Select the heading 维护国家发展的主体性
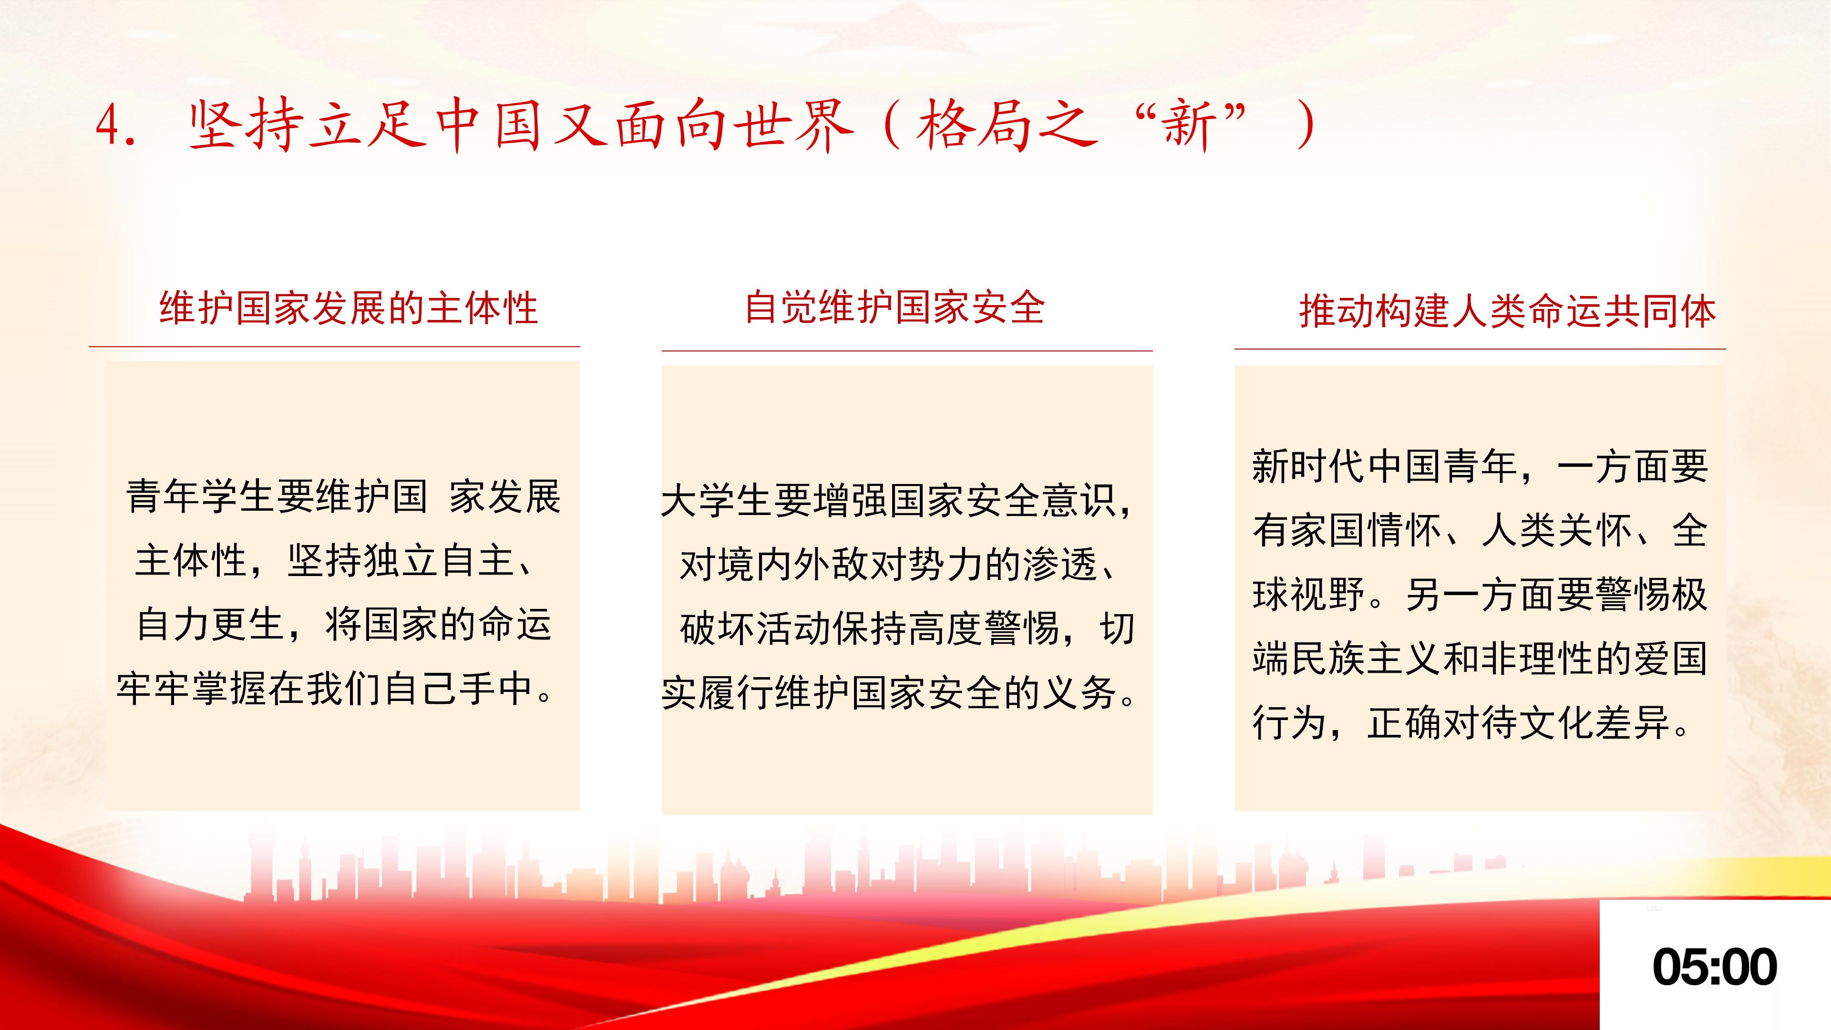coord(348,309)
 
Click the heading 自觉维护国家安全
coord(894,308)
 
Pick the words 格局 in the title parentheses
coord(973,126)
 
